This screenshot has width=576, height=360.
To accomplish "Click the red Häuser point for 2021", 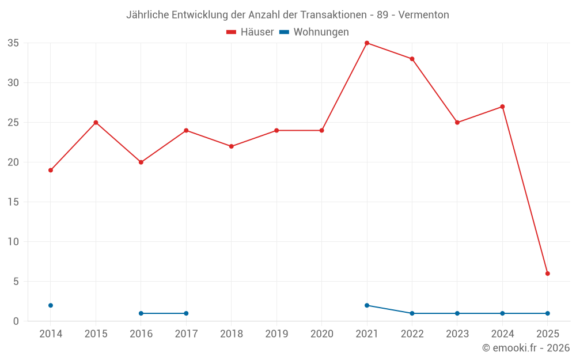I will pos(367,43).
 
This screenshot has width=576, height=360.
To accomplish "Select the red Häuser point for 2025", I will pos(548,274).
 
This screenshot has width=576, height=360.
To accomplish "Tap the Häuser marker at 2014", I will pos(51,170).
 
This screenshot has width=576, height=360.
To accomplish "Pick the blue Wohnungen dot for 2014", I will pos(51,305).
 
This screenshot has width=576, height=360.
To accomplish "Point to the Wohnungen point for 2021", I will pos(367,305).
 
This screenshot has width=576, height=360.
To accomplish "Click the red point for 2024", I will pos(502,107).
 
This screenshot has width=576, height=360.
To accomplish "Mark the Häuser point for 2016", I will pos(141,162).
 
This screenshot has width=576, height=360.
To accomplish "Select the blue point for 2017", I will pos(186,313).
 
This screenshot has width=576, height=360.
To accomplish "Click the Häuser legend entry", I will pos(250,32).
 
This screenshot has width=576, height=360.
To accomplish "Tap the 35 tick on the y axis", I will pos(13,43).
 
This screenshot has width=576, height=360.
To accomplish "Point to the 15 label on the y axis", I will pos(13,202).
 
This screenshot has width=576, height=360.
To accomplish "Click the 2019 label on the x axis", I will pos(276,334).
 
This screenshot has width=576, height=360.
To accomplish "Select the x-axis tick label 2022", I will pos(412,334).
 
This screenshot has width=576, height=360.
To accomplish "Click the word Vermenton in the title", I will pos(424,15).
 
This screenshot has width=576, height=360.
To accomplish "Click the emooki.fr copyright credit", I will pos(526,348).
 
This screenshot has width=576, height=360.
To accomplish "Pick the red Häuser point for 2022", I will pos(412,59).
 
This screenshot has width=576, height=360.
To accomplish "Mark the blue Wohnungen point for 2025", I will pos(548,313).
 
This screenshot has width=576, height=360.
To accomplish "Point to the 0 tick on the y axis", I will pos(16,321).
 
